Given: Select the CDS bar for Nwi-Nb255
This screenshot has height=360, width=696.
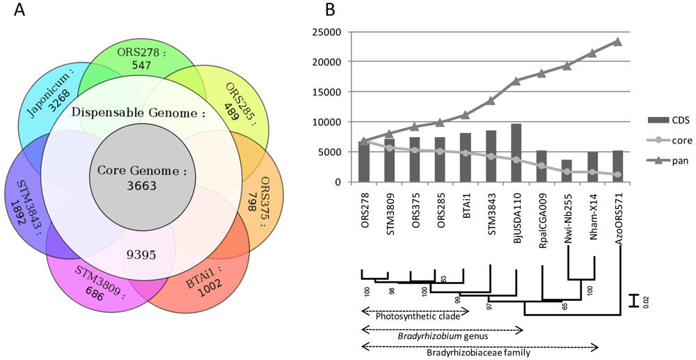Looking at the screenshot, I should coord(567,171).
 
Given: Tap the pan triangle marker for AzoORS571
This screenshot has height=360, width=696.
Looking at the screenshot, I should coord(617,42).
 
